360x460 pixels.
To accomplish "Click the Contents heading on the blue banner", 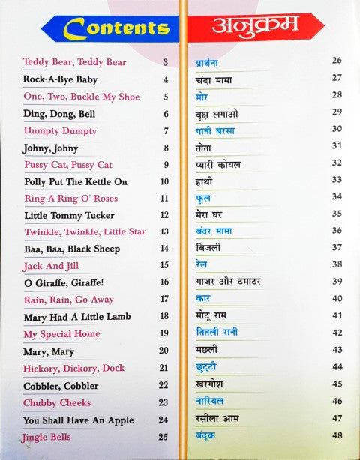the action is [x=115, y=28].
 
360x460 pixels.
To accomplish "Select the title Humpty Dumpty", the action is [x=55, y=131].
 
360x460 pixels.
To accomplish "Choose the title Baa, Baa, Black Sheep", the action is [x=71, y=249].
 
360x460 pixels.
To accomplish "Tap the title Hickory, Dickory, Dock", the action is [x=73, y=368].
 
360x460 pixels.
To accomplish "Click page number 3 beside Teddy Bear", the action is [x=165, y=62].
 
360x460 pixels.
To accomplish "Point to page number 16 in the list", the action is [x=163, y=282].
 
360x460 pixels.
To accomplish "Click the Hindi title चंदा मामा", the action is [x=210, y=77].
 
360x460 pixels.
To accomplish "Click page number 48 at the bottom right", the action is [x=337, y=435].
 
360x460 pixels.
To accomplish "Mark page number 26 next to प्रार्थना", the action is [x=337, y=60].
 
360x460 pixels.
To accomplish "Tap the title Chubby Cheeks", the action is [x=55, y=402].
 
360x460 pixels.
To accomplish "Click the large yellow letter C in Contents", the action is [x=76, y=28].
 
